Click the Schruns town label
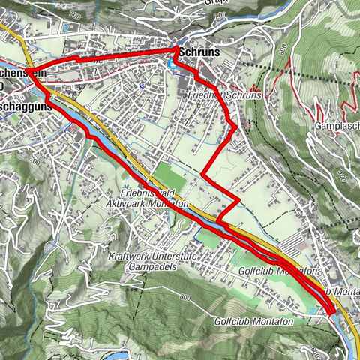point(198,55)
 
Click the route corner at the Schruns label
point(177,49)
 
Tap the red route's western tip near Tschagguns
point(28,72)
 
